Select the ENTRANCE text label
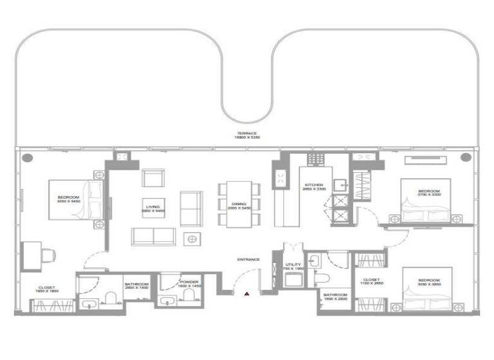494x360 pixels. point(248,260)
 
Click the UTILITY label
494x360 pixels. point(293,265)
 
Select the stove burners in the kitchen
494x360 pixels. point(316,159)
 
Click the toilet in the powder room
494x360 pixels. point(189,296)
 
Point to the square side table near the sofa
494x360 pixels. point(191,239)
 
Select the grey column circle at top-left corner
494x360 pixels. point(27,157)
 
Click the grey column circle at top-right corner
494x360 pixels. point(465,157)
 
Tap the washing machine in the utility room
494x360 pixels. point(293,280)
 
